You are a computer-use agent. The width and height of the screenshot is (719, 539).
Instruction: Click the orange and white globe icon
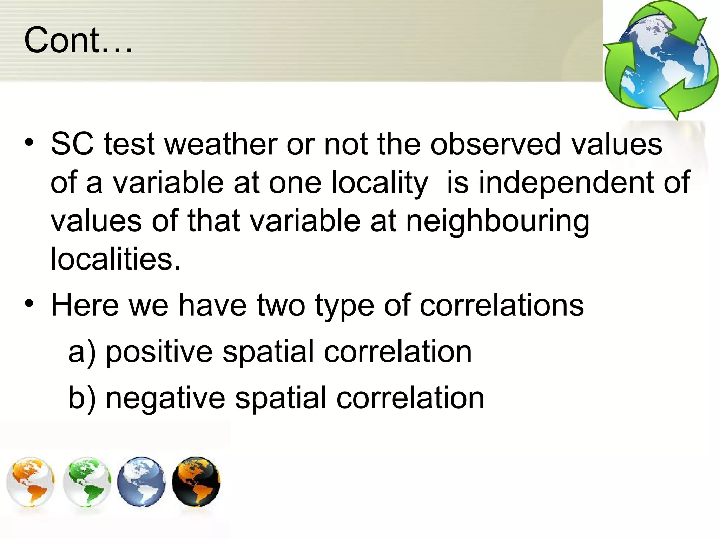31,481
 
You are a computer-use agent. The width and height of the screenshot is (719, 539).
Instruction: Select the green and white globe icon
87,481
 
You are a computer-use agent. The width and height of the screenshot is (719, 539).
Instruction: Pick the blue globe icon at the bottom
141,481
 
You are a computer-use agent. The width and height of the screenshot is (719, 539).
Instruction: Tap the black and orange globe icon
196,481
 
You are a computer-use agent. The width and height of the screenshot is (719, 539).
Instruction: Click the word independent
566,182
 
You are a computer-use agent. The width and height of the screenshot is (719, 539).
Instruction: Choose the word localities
116,259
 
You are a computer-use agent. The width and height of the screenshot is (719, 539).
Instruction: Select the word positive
159,352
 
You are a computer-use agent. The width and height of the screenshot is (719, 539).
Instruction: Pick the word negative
165,398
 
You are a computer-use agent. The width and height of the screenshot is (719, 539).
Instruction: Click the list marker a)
82,352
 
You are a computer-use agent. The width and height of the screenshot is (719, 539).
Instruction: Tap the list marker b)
82,398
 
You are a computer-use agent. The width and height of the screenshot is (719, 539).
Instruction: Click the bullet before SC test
29,143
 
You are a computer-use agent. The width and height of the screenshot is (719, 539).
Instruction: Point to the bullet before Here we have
29,304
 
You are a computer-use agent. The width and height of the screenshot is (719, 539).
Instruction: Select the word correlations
502,305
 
